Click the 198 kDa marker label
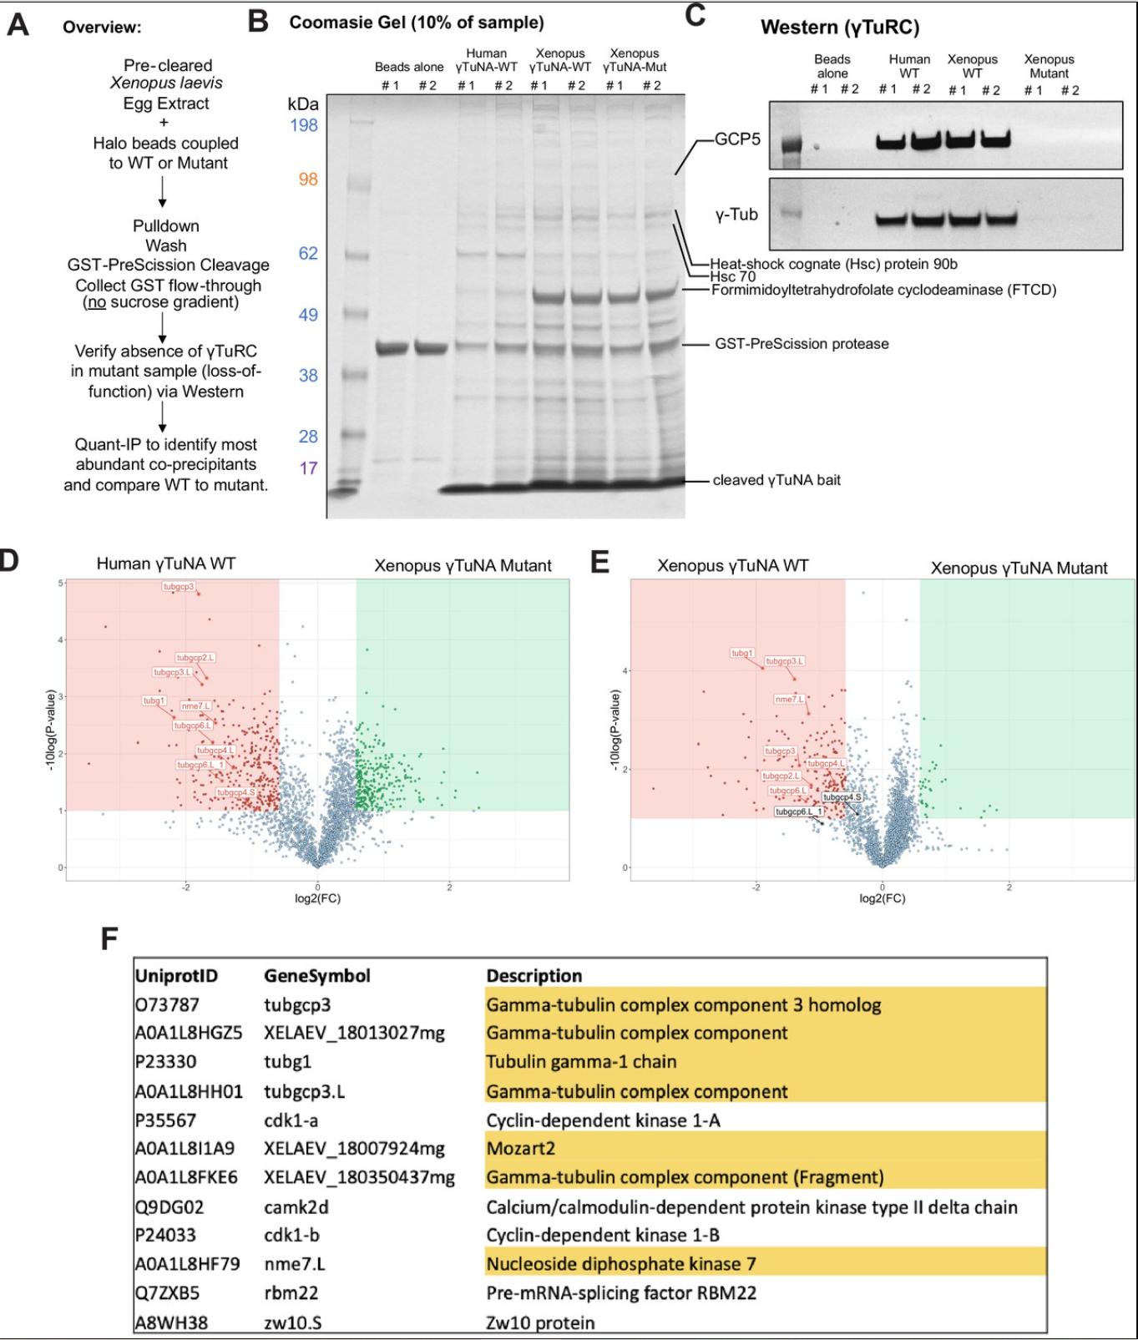(302, 125)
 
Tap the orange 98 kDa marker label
(308, 180)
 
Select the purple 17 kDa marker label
(308, 468)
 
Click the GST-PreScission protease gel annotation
(801, 344)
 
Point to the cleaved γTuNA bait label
(776, 480)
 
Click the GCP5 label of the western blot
(737, 139)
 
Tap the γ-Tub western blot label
(736, 215)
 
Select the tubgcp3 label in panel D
(178, 587)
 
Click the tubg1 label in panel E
(742, 653)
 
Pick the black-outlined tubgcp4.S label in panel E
(842, 797)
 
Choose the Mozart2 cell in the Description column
(521, 1148)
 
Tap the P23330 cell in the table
(167, 1062)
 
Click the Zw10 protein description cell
(540, 1322)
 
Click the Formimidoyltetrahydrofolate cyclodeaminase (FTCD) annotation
(883, 290)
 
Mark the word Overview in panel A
(102, 27)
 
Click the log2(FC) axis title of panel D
(317, 898)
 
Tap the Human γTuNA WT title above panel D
(165, 564)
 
